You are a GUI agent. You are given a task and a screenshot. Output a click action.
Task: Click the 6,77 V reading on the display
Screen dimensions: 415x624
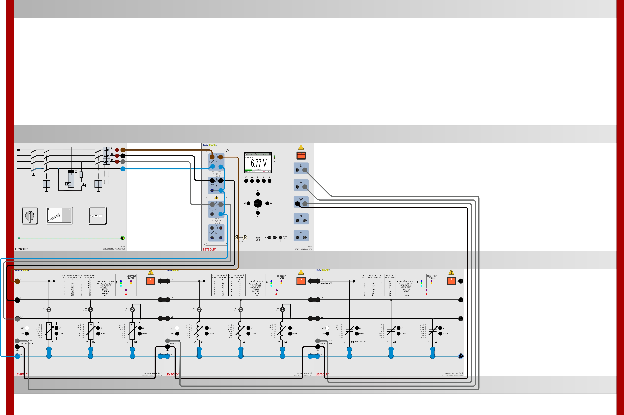point(259,163)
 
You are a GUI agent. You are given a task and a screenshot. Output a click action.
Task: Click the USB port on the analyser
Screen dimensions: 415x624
point(258,237)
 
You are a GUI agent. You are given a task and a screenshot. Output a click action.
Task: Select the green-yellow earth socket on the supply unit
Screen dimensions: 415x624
point(123,238)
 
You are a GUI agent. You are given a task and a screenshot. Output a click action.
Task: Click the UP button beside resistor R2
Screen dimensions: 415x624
point(98,328)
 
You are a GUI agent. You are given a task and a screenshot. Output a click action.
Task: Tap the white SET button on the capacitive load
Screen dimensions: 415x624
point(327,328)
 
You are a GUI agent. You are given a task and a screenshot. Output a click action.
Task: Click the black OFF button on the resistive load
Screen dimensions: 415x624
point(27,334)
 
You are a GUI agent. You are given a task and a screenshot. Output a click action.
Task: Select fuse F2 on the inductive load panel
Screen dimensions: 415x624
point(241,309)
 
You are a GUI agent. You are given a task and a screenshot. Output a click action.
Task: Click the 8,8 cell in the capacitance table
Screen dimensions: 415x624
point(390,295)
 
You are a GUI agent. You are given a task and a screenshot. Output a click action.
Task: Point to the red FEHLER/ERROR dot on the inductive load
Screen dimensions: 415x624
point(276,294)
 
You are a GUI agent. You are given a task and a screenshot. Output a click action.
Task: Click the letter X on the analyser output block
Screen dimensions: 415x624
point(301,216)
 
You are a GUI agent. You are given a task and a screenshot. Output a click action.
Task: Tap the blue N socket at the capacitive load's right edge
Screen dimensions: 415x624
point(461,356)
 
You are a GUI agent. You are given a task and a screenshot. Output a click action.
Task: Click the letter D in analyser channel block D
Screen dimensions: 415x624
point(216,233)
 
